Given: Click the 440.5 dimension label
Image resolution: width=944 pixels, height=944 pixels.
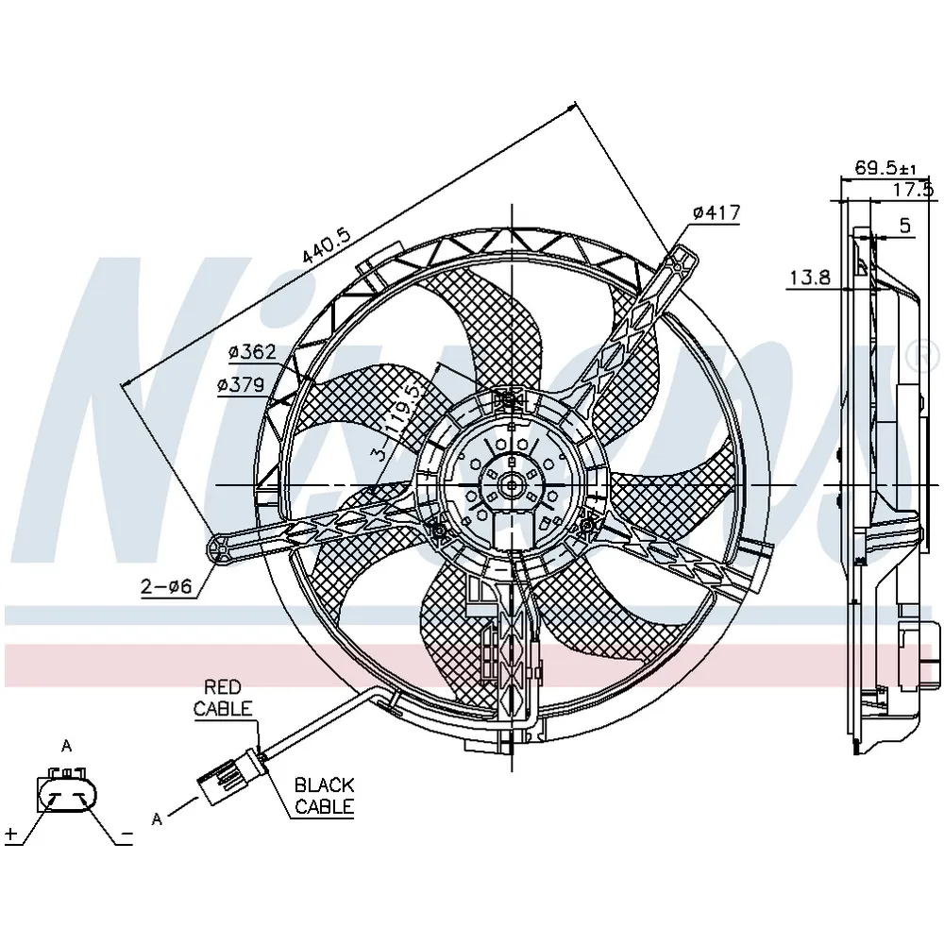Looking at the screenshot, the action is pos(326,245).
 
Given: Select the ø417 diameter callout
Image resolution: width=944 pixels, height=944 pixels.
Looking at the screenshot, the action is pos(716,212).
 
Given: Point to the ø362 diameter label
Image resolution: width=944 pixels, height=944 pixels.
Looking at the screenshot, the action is pos(252,351).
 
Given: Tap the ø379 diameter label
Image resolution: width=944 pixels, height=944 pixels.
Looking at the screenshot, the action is pos(241,385).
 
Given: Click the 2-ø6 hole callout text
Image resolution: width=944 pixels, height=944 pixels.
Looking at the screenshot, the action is pos(166,586).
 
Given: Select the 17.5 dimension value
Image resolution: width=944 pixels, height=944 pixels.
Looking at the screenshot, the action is pos(913,190).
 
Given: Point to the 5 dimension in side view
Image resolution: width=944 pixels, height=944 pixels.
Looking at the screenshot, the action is pos(905,226).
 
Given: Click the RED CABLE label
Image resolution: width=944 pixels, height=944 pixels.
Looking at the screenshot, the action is pos(223,698).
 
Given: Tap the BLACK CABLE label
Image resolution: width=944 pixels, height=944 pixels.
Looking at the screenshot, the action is pos(324,795).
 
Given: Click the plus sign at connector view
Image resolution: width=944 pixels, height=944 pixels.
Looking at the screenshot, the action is pos(10,834).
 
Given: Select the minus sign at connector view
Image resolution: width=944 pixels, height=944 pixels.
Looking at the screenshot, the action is pos(126,834).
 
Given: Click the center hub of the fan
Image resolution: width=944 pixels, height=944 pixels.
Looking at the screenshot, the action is pos(512,484).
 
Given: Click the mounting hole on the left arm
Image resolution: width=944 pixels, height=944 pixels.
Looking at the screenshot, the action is pos(220,548).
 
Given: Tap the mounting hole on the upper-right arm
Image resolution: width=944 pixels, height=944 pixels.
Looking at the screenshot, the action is pos(678,264).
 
